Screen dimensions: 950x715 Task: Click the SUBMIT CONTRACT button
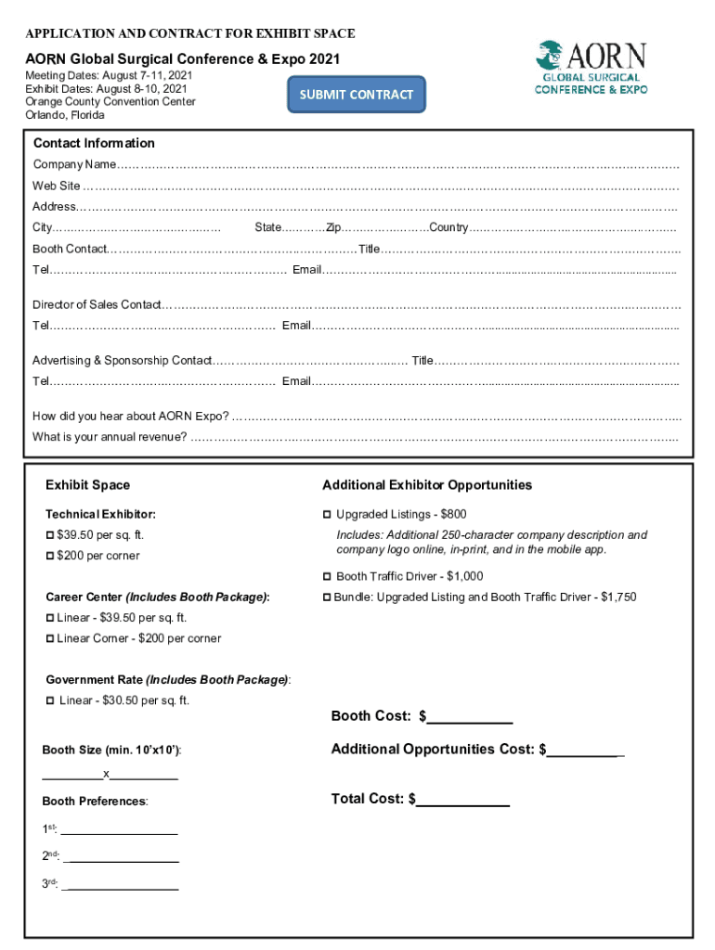coord(356,95)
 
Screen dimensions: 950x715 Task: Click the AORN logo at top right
coord(591,68)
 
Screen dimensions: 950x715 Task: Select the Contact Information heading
coord(94,143)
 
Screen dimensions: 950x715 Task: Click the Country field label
coord(448,228)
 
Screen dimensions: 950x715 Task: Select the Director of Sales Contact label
coord(97,304)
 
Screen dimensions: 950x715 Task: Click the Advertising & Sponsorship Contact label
coord(122,360)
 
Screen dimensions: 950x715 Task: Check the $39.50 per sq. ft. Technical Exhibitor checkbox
coord(50,535)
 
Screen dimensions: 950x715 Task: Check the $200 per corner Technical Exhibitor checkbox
coord(50,556)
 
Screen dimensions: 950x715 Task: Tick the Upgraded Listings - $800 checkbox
coord(327,514)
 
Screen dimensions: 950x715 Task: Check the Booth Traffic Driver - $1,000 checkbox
coord(327,577)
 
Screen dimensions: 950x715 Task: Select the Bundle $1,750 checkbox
coord(327,597)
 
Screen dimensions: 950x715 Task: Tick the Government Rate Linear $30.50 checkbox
coord(50,700)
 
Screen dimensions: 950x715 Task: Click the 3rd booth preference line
coord(121,885)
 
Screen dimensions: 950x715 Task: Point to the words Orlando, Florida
coord(65,115)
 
